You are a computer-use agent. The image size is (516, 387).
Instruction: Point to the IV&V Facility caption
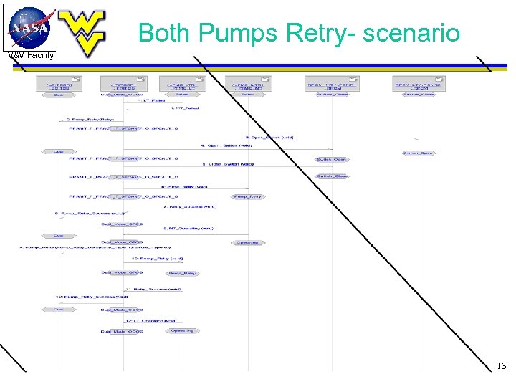tap(29, 55)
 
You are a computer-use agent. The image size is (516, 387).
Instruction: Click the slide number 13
tap(502, 366)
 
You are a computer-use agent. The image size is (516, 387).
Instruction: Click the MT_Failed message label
tap(185, 108)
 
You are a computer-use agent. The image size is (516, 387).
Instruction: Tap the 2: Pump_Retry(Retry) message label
tap(90, 119)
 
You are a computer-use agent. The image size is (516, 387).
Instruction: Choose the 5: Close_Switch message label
tap(228, 163)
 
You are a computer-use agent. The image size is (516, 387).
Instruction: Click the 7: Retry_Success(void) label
tap(190, 206)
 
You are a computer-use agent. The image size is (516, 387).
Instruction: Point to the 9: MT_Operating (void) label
tap(188, 228)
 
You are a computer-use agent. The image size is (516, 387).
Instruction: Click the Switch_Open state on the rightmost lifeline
tap(418, 153)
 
